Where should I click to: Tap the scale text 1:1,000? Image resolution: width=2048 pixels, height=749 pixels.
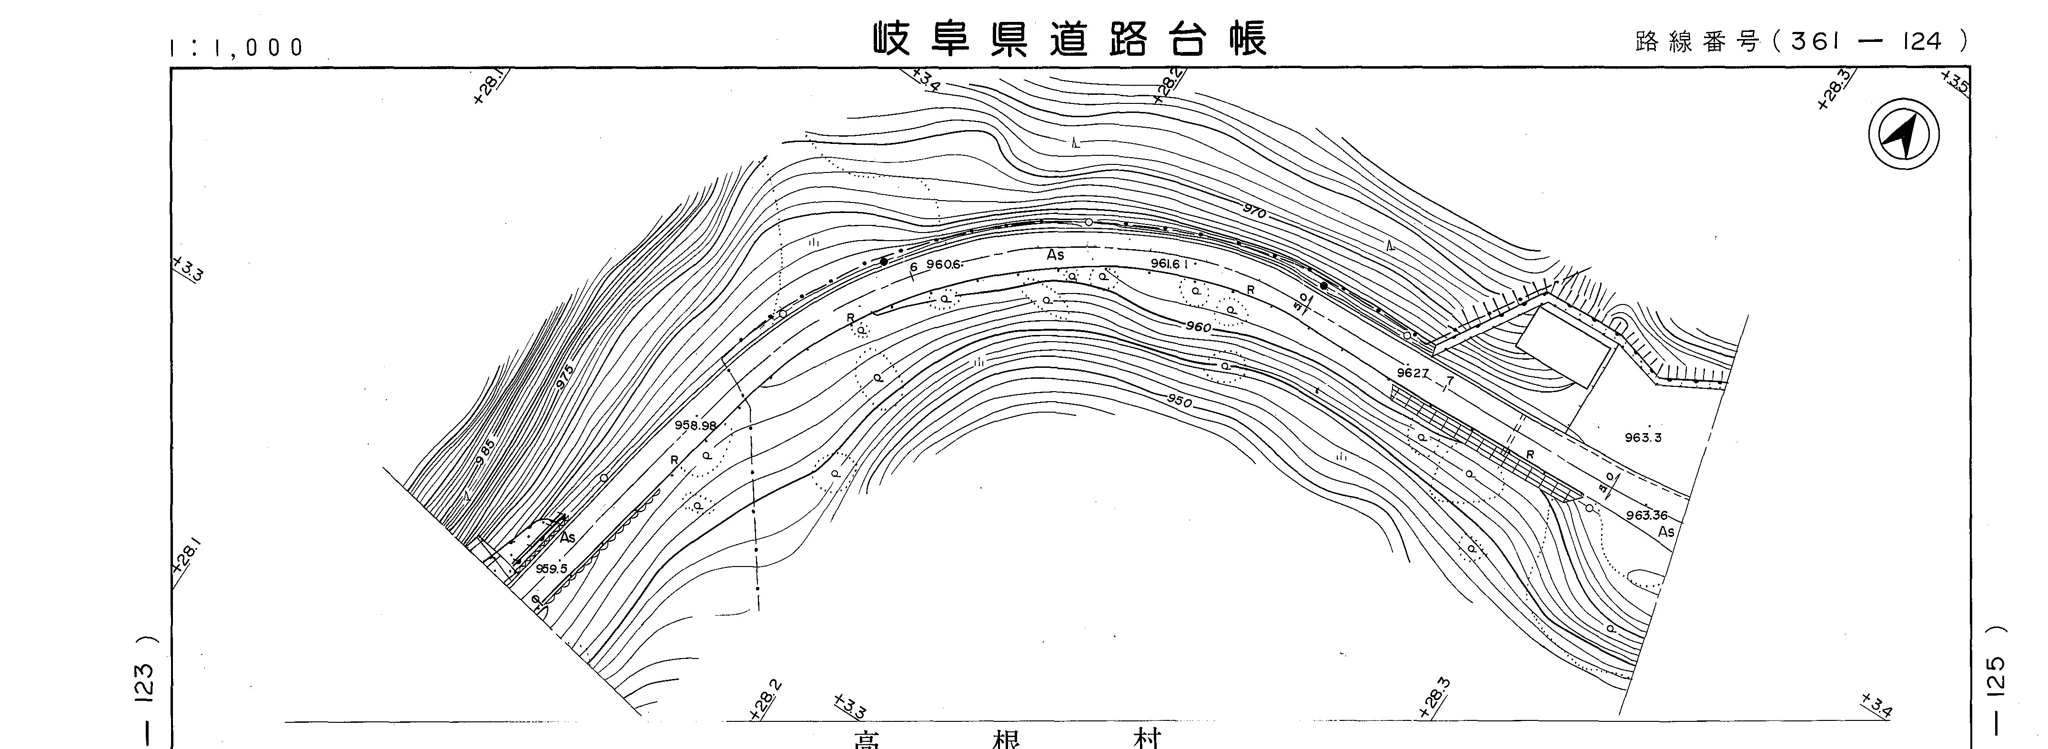tap(237, 48)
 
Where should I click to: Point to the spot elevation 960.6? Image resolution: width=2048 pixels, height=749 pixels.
tap(944, 265)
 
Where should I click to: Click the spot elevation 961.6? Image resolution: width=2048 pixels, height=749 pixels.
tap(1169, 263)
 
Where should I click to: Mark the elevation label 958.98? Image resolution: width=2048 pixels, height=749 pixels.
tap(695, 425)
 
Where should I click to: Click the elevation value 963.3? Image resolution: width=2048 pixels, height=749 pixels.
tap(1643, 437)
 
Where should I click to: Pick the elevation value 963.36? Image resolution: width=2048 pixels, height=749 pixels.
tap(1646, 515)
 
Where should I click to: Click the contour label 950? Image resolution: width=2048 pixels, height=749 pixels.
tap(1180, 402)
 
